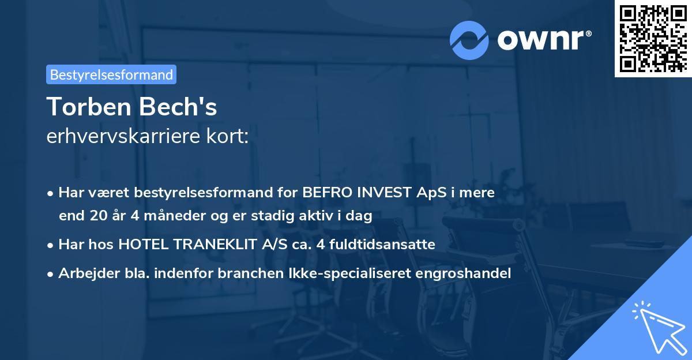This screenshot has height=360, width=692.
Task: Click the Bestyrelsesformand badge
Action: pos(111,74)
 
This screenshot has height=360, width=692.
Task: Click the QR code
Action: pos(653,38)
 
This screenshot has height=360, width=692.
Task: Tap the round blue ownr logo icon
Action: pos(469,40)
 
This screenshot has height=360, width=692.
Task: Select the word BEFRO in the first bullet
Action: pos(325,193)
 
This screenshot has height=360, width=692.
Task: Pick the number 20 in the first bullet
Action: pos(98,216)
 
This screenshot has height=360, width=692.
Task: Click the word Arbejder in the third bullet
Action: pos(84,273)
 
